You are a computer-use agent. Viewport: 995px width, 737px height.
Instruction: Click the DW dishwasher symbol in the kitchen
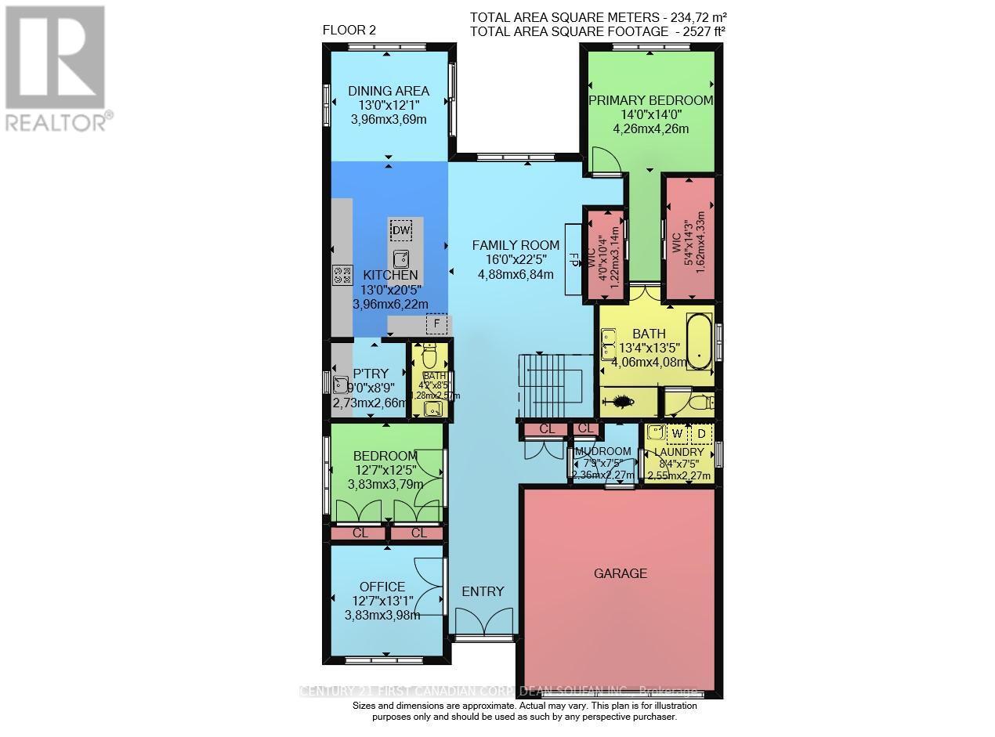[401, 230]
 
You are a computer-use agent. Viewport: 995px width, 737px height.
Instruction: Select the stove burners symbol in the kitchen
[342, 274]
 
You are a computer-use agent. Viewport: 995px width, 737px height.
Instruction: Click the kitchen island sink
[401, 258]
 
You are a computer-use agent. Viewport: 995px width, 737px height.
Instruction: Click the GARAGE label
[620, 573]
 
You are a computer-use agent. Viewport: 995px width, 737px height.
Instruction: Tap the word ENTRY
[483, 591]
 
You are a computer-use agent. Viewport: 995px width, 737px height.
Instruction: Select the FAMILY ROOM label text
[516, 245]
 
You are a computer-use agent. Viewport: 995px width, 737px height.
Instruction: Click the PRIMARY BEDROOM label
[650, 100]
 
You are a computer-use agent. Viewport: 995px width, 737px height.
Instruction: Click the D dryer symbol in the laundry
[701, 432]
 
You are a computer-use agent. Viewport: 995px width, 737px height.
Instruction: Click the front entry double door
[483, 623]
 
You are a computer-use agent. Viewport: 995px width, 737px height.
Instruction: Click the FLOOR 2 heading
[350, 31]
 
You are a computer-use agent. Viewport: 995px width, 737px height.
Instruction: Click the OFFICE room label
[382, 587]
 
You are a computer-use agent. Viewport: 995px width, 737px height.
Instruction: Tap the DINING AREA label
[389, 92]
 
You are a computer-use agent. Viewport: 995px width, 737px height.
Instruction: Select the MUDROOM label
[602, 452]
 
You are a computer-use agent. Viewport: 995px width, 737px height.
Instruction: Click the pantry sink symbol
[340, 384]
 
